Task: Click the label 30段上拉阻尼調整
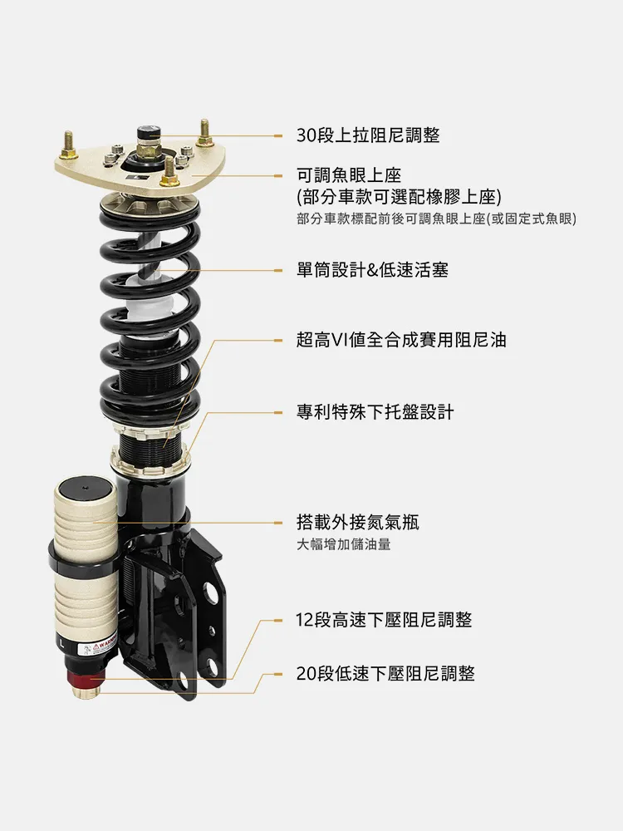click(368, 135)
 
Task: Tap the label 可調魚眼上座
click(349, 175)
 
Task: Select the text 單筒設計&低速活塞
click(372, 270)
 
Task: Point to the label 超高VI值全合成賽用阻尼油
click(401, 340)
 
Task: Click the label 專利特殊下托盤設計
click(375, 412)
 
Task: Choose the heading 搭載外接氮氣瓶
click(357, 523)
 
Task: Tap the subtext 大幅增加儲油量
click(343, 545)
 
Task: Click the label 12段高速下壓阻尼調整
click(384, 620)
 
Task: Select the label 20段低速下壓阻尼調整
click(385, 674)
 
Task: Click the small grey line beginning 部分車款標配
click(436, 219)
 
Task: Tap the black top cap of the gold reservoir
click(86, 485)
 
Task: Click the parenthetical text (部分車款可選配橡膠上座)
click(399, 197)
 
